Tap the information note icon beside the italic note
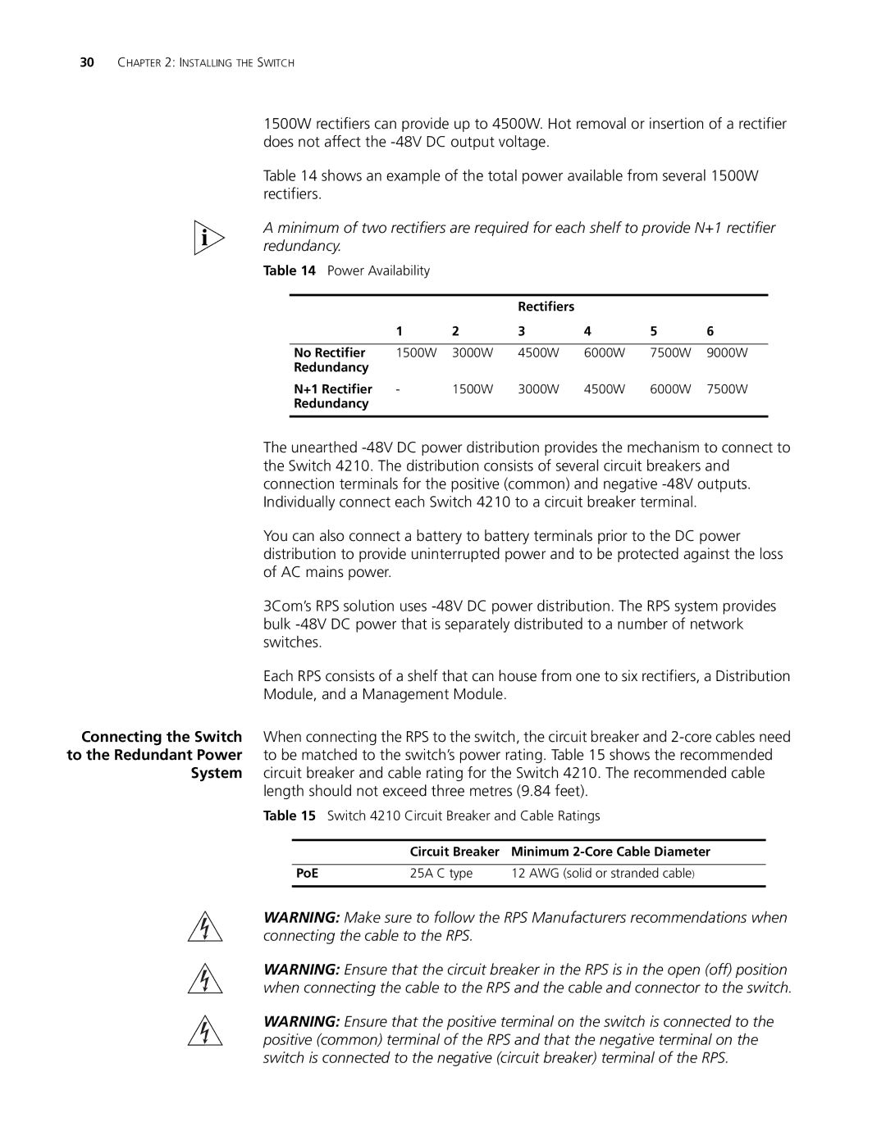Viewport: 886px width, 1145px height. click(208, 238)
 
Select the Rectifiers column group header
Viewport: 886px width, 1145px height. click(546, 307)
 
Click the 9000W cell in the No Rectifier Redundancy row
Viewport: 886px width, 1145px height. click(727, 352)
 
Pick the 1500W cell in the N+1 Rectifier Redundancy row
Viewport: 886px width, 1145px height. click(472, 388)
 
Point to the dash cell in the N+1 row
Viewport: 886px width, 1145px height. click(398, 388)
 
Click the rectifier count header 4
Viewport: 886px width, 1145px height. click(587, 331)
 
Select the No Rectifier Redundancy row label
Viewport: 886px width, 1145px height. click(331, 360)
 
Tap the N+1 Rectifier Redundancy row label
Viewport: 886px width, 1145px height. click(333, 396)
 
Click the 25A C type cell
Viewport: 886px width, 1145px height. click(441, 874)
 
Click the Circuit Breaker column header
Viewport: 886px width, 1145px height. click(454, 852)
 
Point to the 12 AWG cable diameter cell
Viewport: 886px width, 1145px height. click(603, 874)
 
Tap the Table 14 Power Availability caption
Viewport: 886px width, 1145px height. click(346, 270)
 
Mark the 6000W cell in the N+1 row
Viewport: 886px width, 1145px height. click(670, 388)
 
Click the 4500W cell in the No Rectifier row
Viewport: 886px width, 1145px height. click(538, 352)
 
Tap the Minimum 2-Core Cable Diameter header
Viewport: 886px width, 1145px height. click(610, 852)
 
